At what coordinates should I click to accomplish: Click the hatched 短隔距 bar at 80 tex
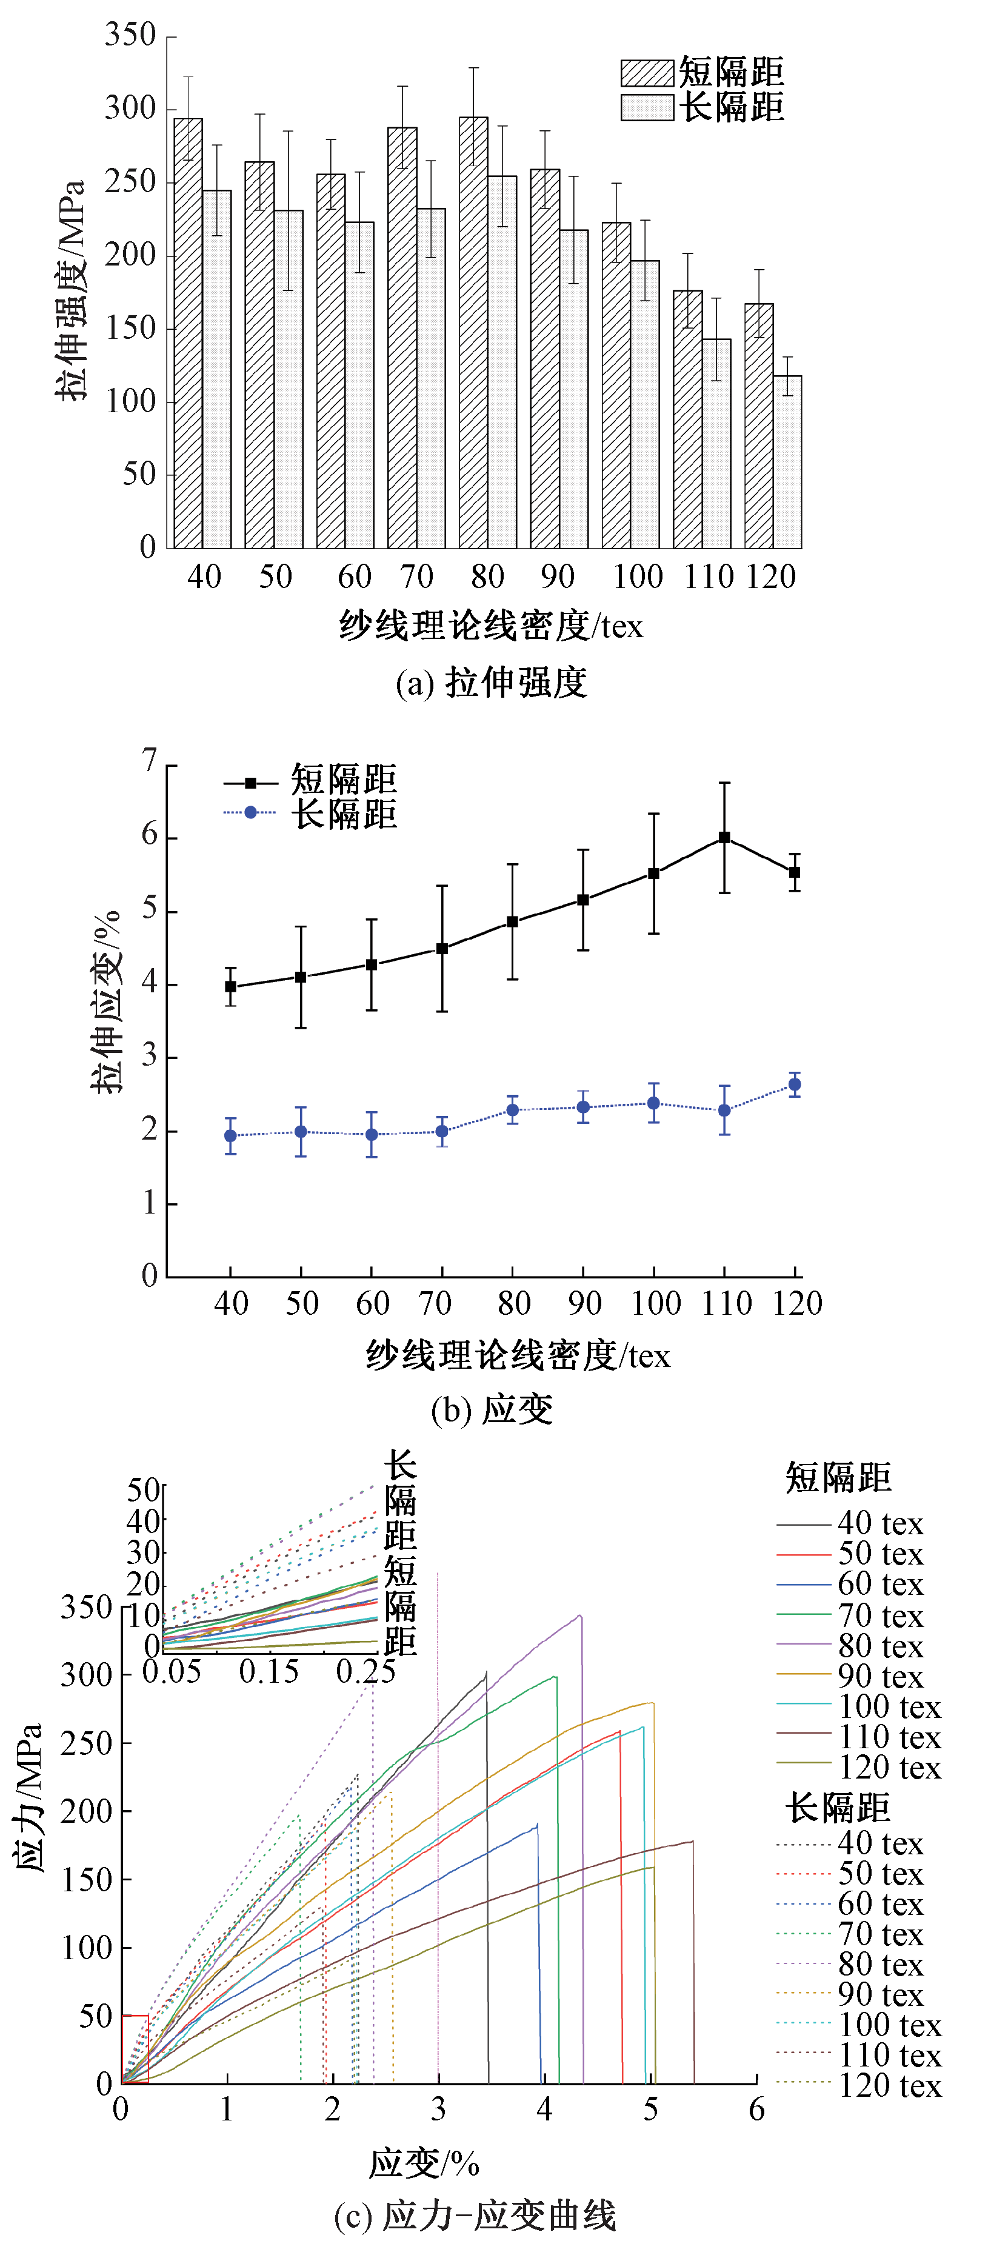pos(473,333)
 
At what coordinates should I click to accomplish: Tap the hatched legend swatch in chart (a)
pos(647,73)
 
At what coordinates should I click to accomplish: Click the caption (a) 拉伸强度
pos(490,683)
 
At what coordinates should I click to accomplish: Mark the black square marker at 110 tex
pos(724,838)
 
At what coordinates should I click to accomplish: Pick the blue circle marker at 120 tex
pos(795,1084)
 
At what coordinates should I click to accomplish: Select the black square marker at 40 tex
pos(231,987)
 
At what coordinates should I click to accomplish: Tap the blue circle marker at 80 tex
pos(512,1110)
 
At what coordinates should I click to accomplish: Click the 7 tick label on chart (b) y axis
pos(150,761)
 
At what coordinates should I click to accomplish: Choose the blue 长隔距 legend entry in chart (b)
pos(311,813)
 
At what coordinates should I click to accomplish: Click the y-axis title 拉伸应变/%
pos(105,1002)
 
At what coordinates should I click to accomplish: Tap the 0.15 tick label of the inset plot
pos(269,1671)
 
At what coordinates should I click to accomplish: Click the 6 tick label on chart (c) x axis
pos(756,2110)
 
